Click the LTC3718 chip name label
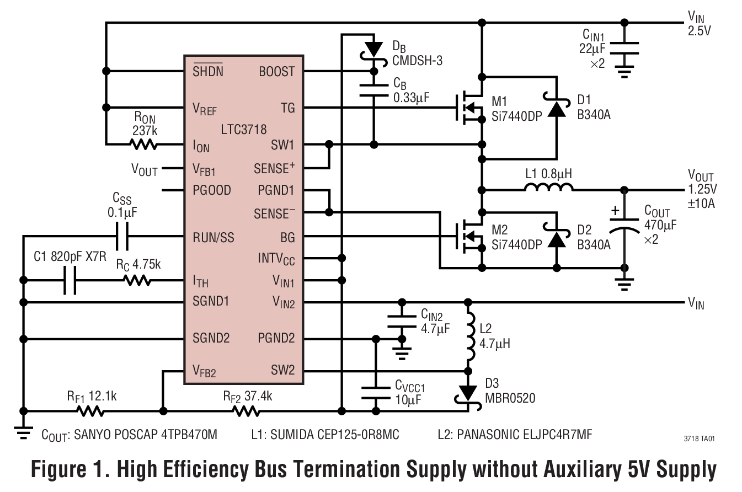(243, 130)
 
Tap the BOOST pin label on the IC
(276, 72)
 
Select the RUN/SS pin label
(213, 238)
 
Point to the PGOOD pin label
(212, 191)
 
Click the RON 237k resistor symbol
(143, 145)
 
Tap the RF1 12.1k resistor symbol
(90, 411)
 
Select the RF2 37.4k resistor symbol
(246, 411)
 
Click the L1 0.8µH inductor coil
(548, 189)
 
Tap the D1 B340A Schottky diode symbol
(556, 109)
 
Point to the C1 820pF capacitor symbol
(70, 280)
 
